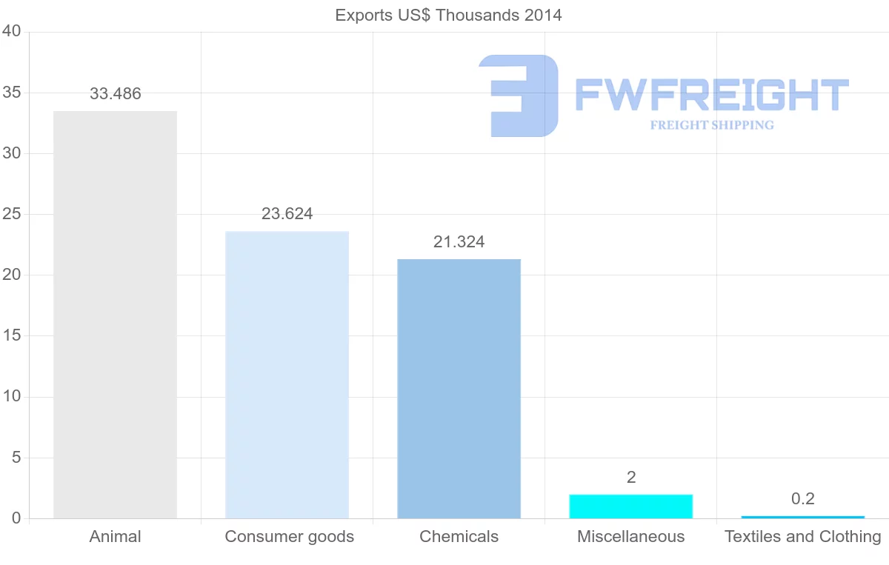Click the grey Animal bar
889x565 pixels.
coord(115,315)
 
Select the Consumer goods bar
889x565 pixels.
coord(287,375)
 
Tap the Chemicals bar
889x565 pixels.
coord(459,389)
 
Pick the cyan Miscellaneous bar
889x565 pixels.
coord(630,507)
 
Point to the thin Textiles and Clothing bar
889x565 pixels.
coord(802,517)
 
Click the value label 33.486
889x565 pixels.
coord(115,94)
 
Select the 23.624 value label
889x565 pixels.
coord(287,214)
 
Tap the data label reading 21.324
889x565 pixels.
coord(459,242)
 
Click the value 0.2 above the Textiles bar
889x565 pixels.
coord(802,499)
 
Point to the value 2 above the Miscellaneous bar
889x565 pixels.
coord(630,478)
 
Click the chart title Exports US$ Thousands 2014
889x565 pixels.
coord(448,15)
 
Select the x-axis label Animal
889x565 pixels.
coord(115,537)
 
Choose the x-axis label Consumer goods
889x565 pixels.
coord(289,537)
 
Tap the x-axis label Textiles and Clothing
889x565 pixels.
coord(802,537)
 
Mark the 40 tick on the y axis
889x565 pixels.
coord(11,31)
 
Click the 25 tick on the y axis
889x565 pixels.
coord(11,215)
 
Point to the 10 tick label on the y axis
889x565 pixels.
coord(11,397)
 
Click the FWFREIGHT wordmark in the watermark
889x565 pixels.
coord(711,95)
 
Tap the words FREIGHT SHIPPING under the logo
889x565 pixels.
coord(711,125)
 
